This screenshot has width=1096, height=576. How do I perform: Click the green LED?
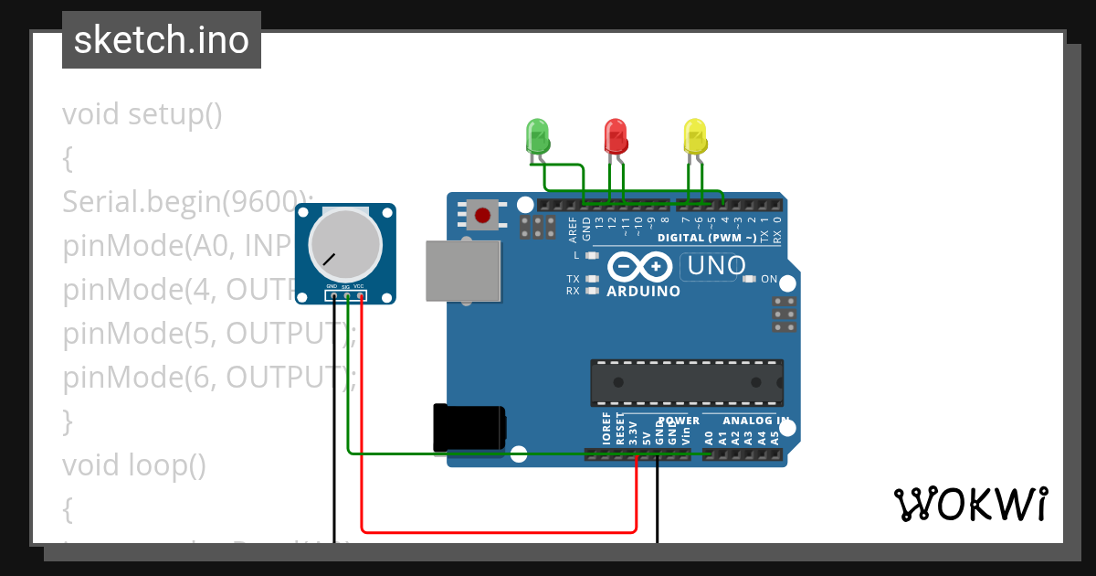[x=537, y=136]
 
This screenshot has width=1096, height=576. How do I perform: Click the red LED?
[x=616, y=136]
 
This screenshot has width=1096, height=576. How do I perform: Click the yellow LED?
[x=695, y=136]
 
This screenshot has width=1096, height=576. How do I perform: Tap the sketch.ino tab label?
[x=162, y=40]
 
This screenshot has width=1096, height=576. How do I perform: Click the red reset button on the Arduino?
[x=481, y=217]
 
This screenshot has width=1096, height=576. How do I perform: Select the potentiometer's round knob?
[x=344, y=243]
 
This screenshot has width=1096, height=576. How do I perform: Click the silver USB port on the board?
[x=463, y=271]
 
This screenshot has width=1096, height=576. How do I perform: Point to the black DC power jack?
[x=469, y=428]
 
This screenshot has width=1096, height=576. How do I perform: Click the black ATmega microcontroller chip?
[x=686, y=382]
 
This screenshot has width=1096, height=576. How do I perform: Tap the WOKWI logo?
[x=970, y=504]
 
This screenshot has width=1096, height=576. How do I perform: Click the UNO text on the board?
[x=717, y=267]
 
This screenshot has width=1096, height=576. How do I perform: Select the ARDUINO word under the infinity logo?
[x=644, y=292]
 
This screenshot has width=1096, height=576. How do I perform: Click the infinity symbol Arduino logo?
[x=644, y=267]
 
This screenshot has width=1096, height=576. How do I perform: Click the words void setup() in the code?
[x=142, y=115]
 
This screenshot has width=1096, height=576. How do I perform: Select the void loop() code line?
[x=134, y=465]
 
